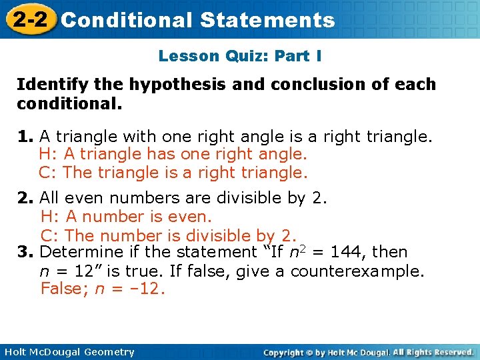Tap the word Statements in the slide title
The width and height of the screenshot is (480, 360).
[267, 20]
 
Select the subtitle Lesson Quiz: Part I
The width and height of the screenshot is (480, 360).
[240, 56]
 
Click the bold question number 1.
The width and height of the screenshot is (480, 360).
[25, 137]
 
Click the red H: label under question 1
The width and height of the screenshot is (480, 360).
[48, 155]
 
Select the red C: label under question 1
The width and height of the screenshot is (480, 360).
[48, 173]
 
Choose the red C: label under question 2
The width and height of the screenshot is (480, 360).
[50, 235]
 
